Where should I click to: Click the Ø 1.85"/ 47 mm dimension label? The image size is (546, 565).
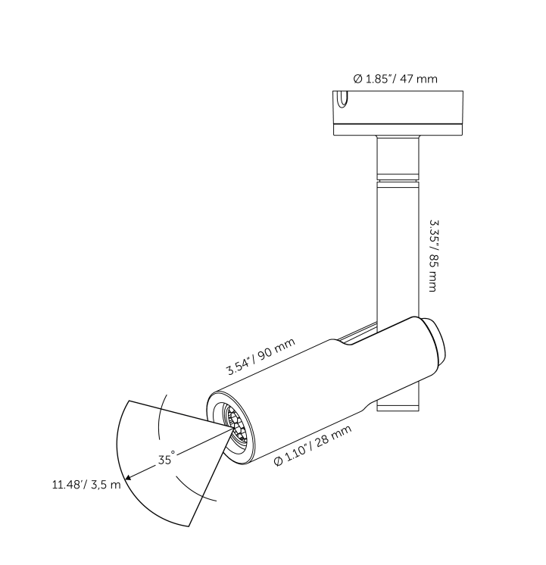395,79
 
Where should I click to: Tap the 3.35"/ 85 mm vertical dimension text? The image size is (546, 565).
433,256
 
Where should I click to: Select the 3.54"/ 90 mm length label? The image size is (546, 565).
261,357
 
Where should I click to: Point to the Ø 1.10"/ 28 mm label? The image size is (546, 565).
313,446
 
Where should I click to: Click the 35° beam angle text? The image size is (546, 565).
167,458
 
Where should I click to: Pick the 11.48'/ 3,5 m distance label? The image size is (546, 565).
86,485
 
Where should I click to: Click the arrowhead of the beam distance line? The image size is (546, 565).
128,478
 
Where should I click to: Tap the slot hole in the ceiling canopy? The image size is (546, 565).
343,98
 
